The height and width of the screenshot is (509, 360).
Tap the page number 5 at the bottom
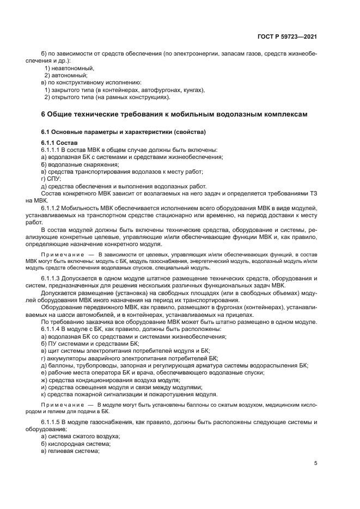[x=316, y=463]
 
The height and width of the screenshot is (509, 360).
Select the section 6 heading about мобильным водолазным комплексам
[x=174, y=114]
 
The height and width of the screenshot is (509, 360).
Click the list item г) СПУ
[x=51, y=179]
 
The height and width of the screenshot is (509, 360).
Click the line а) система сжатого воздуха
[x=81, y=437]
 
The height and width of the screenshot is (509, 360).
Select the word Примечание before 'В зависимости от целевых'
[x=60, y=255]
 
